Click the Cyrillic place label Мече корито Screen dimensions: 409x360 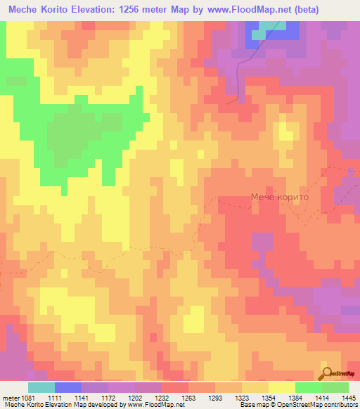pos(279,198)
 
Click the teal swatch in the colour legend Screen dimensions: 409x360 pos(41,387)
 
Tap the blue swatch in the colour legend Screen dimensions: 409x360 pos(67,387)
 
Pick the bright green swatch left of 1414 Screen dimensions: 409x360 pos(308,387)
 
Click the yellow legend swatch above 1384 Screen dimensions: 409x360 pos(281,387)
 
